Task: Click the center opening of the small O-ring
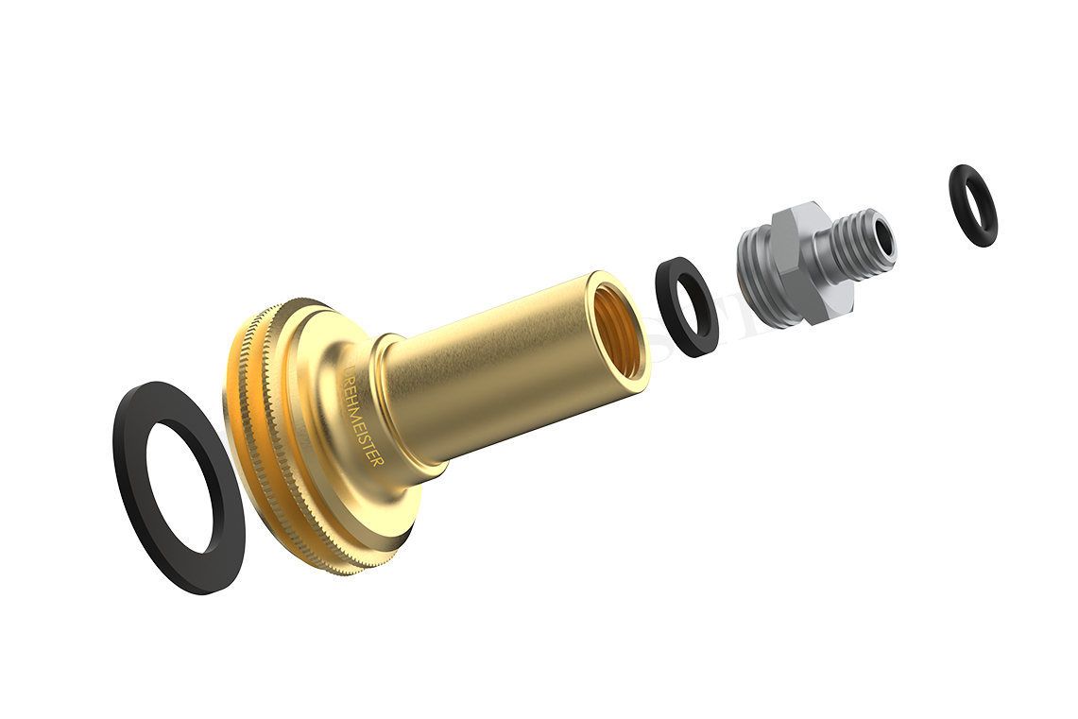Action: (x=973, y=205)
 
